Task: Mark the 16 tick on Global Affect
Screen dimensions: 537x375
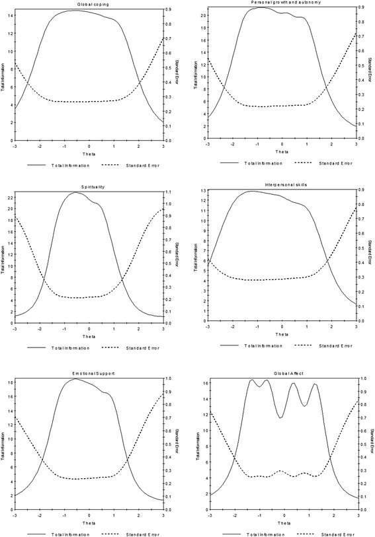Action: (x=203, y=382)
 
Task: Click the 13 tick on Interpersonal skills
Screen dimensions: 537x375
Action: (x=203, y=191)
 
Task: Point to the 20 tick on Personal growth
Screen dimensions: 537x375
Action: (x=203, y=15)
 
